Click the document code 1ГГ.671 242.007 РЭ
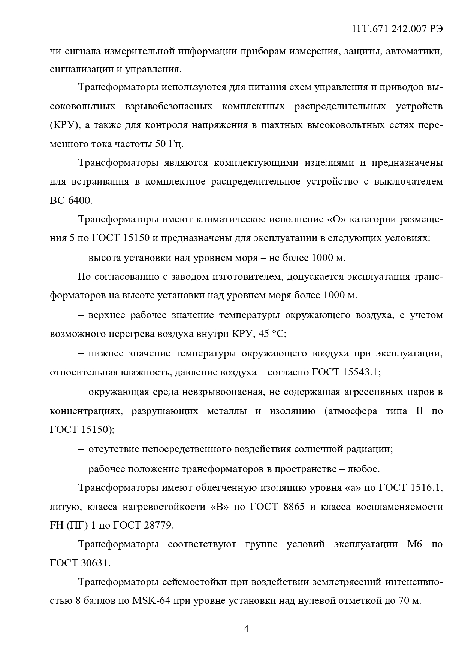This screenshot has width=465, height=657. [x=398, y=30]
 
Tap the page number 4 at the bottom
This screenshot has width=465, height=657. [x=246, y=629]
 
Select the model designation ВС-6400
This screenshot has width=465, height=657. [x=71, y=201]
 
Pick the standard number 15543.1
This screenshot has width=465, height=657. [x=360, y=372]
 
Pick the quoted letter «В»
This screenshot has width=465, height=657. [x=217, y=507]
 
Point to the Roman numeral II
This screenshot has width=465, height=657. [x=419, y=411]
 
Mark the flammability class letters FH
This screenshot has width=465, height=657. [x=57, y=526]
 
